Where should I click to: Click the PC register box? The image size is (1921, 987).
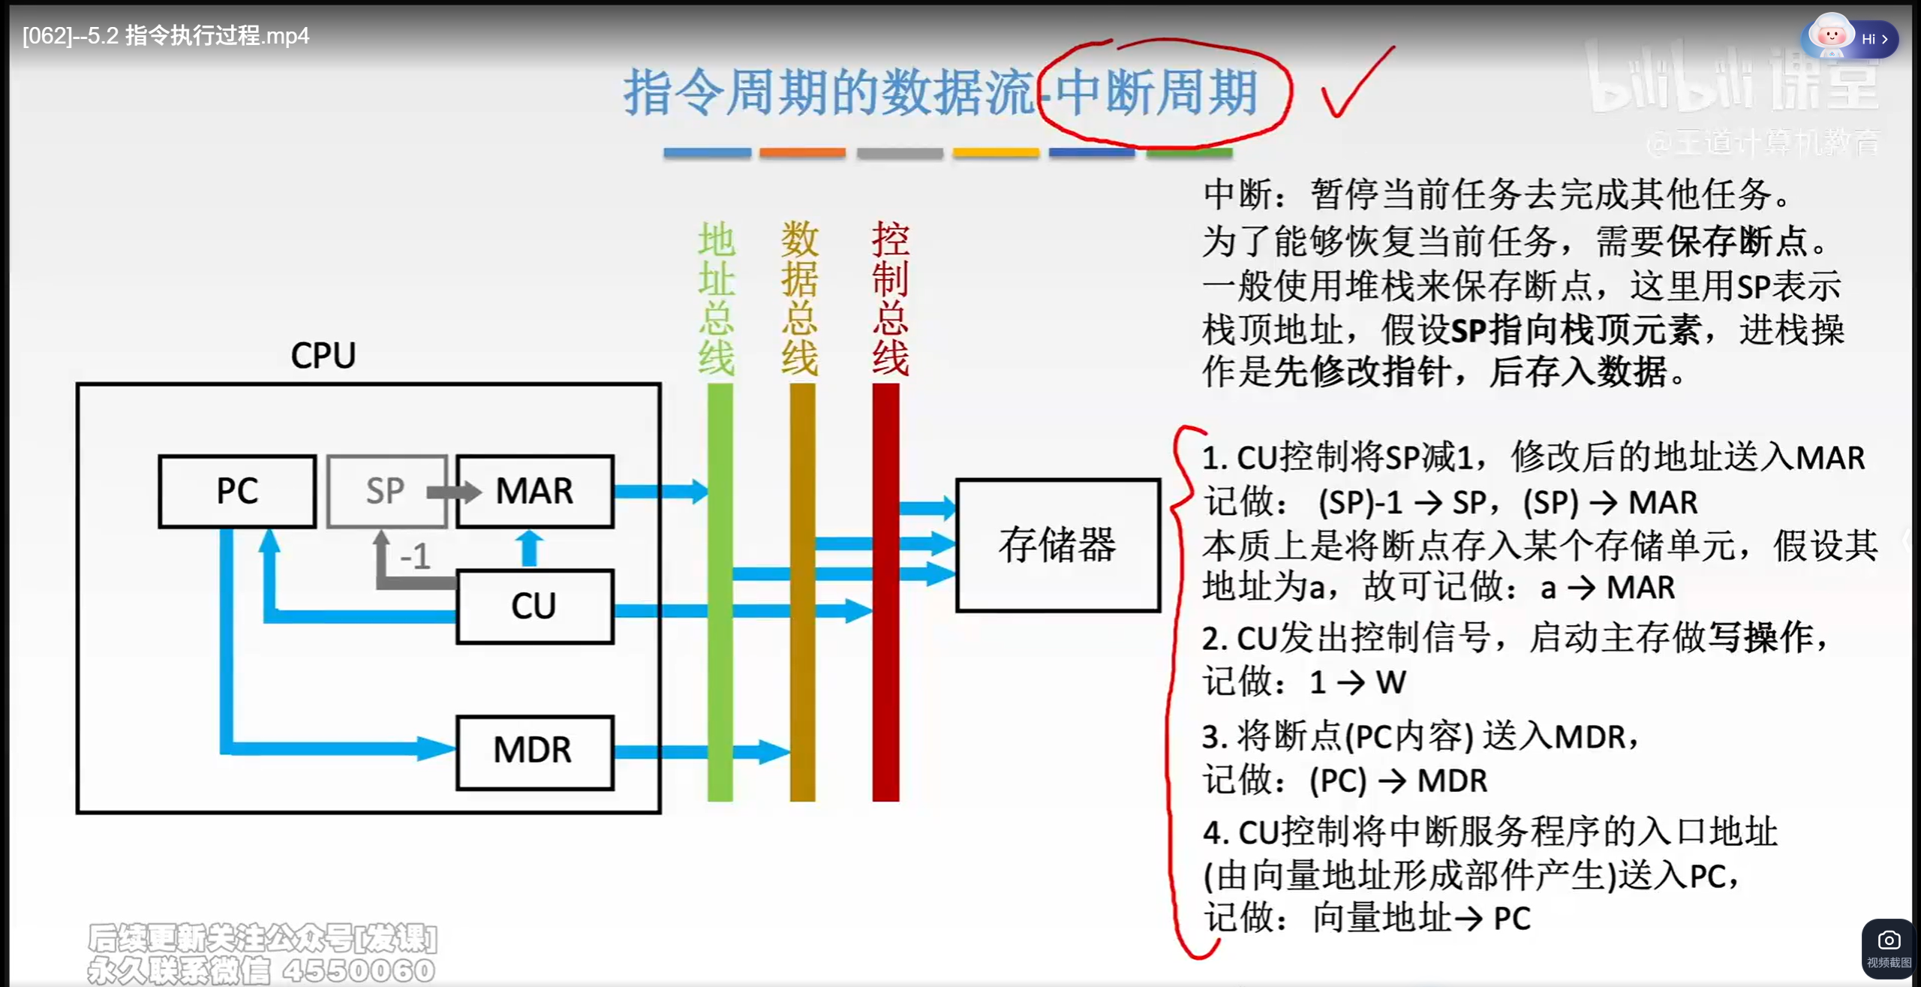237,492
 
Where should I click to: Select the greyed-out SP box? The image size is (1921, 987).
385,492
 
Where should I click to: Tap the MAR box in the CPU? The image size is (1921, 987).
535,492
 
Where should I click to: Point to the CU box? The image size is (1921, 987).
534,606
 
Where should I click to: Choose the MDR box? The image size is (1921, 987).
534,751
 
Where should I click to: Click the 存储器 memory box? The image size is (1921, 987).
1057,546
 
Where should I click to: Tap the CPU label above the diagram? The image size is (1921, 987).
323,356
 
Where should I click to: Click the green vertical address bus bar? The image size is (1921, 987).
720,661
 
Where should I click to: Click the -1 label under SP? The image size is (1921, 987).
415,557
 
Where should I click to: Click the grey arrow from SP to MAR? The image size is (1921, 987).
453,492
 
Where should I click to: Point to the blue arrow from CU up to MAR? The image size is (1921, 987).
530,547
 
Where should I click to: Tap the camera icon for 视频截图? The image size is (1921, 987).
1889,941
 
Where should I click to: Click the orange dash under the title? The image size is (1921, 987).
802,153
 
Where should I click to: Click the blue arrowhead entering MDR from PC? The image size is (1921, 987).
436,748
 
